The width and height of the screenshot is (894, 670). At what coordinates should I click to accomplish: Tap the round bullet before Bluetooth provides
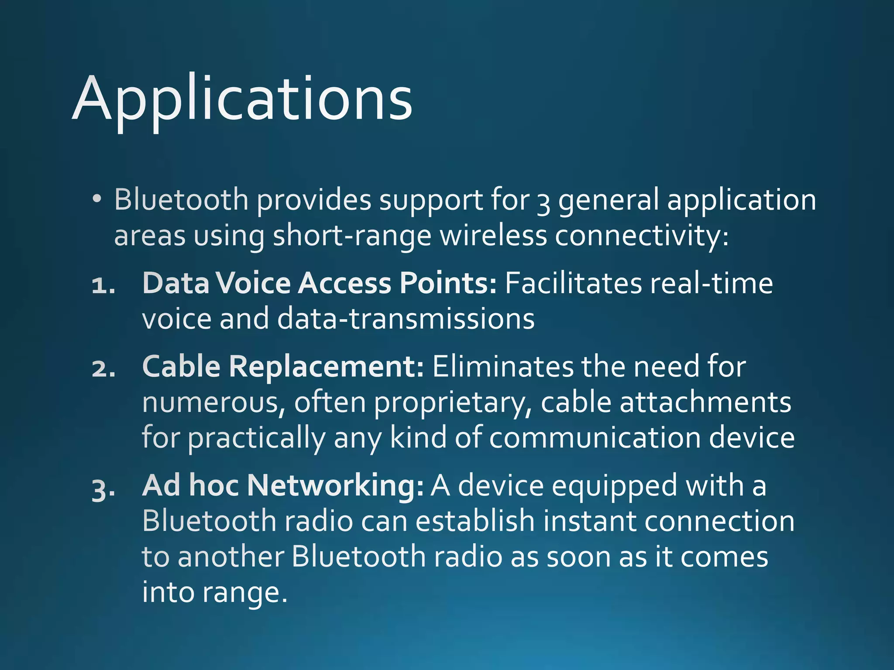tap(97, 199)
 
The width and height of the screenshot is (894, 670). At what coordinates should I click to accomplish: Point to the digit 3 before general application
tap(543, 202)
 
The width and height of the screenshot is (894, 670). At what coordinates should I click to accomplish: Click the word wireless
tap(493, 236)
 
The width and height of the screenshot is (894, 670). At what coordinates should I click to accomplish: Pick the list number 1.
tap(103, 286)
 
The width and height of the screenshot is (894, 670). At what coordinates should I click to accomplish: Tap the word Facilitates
tap(573, 284)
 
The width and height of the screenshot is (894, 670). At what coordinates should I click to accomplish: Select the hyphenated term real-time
tap(712, 284)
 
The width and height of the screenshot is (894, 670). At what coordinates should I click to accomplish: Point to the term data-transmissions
tap(406, 318)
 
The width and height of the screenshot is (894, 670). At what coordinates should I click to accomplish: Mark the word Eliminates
tap(502, 366)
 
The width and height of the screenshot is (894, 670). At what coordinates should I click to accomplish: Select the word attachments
tap(705, 402)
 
